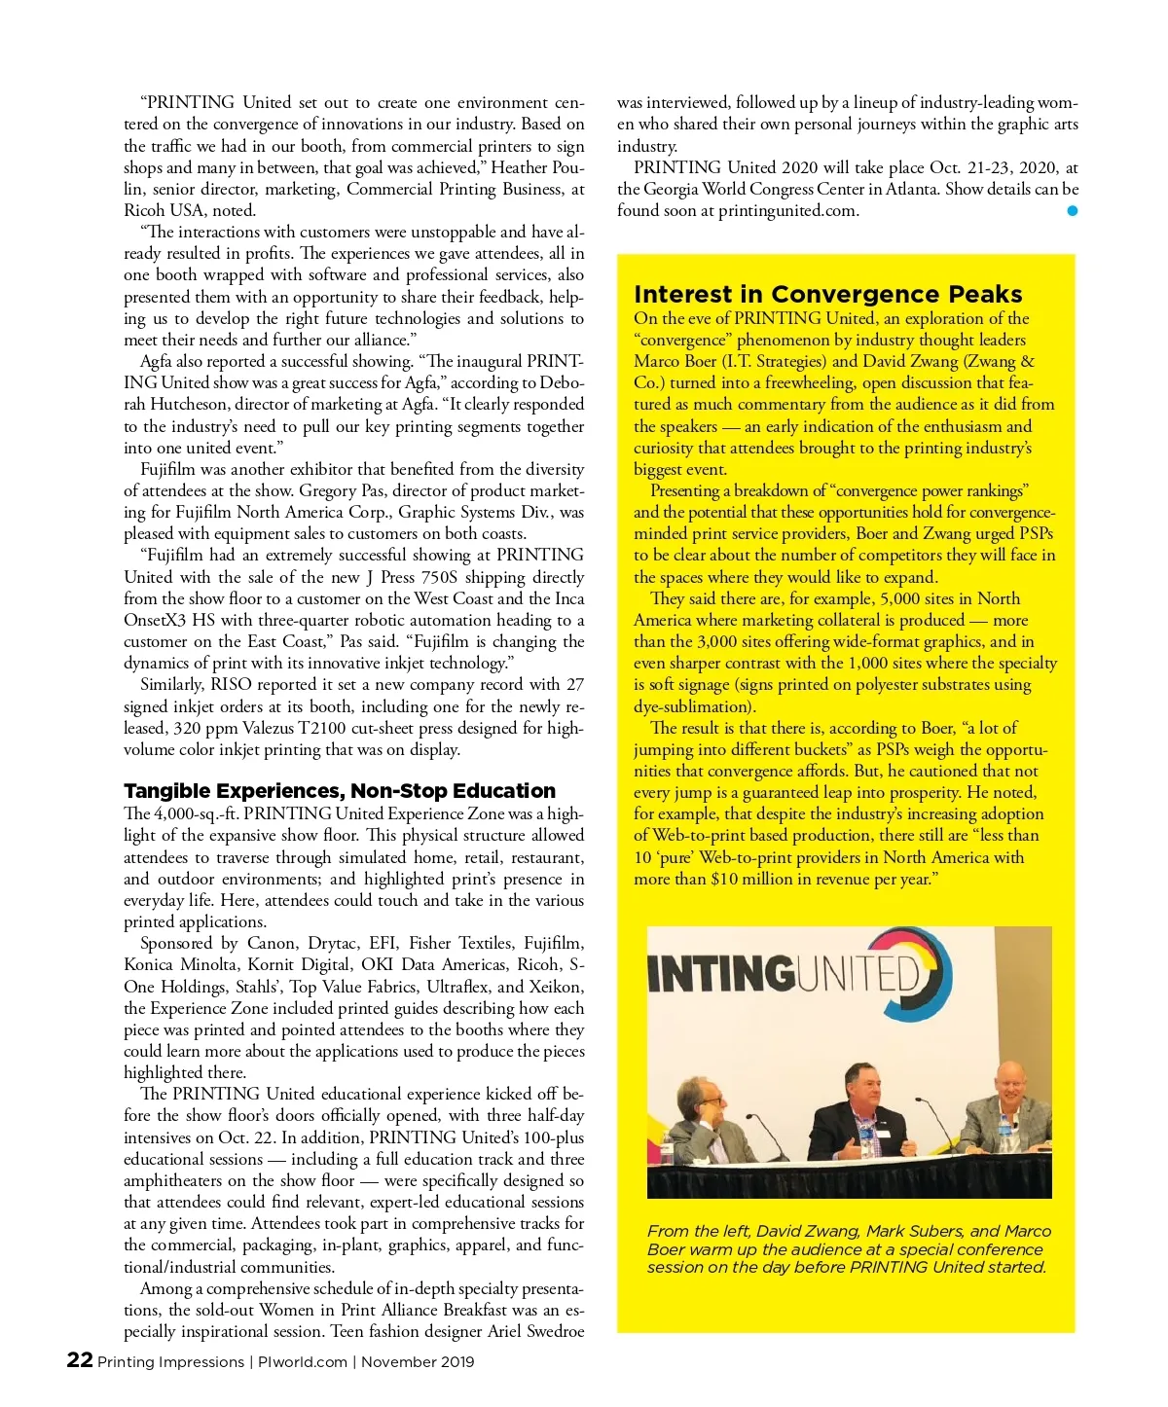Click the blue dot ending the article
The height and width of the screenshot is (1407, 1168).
click(1072, 210)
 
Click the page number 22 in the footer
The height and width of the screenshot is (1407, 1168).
click(79, 1359)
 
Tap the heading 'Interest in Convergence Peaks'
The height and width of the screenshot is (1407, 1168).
click(827, 294)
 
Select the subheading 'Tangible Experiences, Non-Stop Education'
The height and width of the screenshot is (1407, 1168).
click(340, 790)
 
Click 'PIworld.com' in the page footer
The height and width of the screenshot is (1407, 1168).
click(302, 1361)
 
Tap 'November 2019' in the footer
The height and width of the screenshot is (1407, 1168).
click(418, 1361)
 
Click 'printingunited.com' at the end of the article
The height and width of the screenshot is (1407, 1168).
click(787, 210)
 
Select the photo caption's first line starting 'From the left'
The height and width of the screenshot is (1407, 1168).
click(849, 1231)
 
